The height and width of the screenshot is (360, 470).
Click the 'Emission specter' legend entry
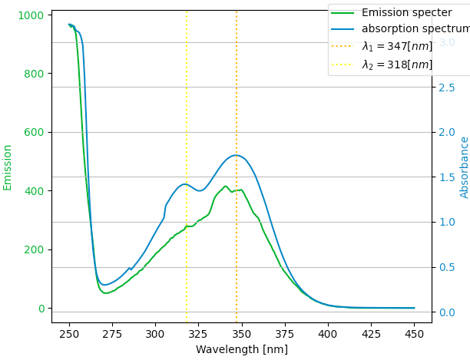(x=406, y=12)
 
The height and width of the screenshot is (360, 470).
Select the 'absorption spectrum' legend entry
(x=415, y=29)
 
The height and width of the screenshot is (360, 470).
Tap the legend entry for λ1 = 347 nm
(x=397, y=47)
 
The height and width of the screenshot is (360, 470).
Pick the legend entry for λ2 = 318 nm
(x=397, y=64)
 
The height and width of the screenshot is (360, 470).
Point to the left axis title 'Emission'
(x=8, y=167)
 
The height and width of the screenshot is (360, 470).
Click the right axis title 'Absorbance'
(x=464, y=167)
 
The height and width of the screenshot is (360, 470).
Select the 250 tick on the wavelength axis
(x=69, y=334)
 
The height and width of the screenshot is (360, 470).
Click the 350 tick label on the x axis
(x=241, y=334)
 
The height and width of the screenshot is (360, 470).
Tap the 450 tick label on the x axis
(x=414, y=334)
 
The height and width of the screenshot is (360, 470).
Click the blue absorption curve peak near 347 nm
(x=236, y=155)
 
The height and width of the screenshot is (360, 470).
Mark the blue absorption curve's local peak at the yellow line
(x=185, y=184)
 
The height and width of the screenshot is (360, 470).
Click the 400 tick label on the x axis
(x=328, y=334)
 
